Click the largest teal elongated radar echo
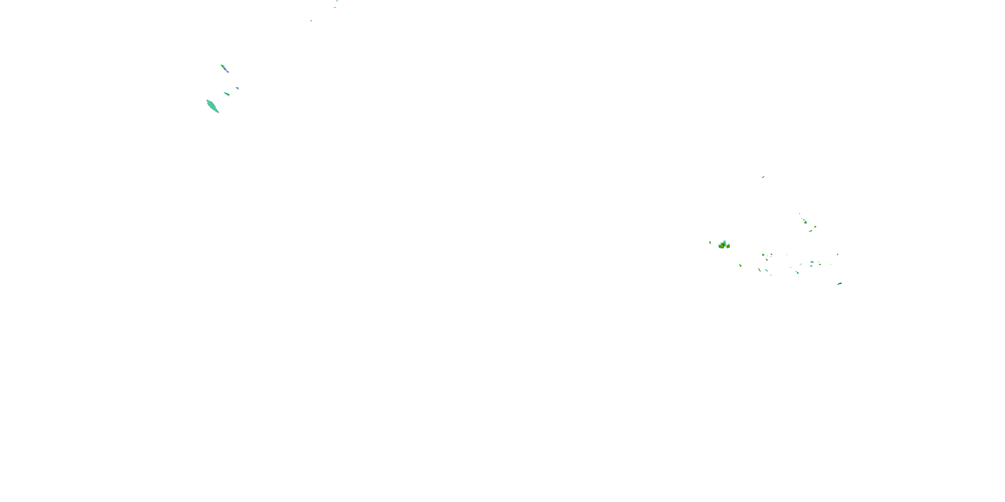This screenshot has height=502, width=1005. click(x=212, y=106)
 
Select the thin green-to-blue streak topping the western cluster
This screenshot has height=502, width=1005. click(x=224, y=69)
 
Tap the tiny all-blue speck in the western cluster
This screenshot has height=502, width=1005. click(x=237, y=88)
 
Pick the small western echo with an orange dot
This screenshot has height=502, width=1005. click(x=226, y=94)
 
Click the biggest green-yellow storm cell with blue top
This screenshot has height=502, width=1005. click(x=722, y=246)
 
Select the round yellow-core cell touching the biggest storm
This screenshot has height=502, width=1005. click(x=728, y=246)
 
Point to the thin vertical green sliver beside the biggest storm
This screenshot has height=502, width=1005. click(x=710, y=243)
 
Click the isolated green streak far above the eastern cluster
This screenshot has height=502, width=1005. click(x=763, y=177)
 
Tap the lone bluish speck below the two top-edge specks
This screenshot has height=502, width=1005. click(x=311, y=21)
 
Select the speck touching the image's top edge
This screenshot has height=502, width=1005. click(x=337, y=1)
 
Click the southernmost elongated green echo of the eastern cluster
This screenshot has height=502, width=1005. click(x=840, y=284)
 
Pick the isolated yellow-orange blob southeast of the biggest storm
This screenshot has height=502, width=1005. click(x=740, y=265)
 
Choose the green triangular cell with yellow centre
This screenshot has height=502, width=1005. click(x=763, y=255)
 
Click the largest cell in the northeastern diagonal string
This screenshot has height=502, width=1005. click(x=806, y=223)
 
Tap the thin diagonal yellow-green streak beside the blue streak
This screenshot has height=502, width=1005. click(x=759, y=270)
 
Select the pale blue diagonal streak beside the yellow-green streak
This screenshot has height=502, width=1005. click(x=766, y=270)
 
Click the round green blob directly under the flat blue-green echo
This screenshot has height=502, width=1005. click(x=811, y=266)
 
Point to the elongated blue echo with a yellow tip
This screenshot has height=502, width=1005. click(x=810, y=231)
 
